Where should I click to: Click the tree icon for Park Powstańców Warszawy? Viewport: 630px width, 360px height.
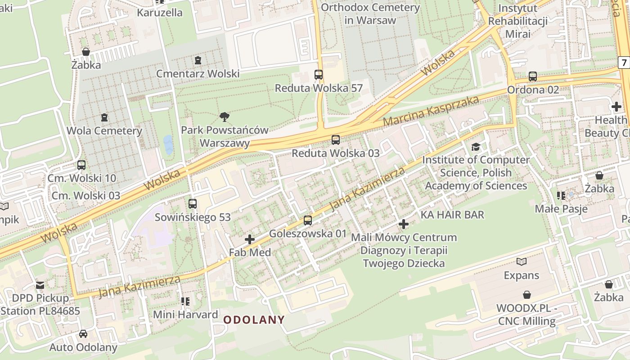(x=224, y=117)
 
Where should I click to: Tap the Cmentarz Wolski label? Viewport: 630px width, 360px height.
(x=198, y=73)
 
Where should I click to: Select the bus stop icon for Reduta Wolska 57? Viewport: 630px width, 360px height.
(x=319, y=75)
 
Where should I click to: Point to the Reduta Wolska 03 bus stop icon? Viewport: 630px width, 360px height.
(x=336, y=140)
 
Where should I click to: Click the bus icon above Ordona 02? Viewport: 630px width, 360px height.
(x=533, y=76)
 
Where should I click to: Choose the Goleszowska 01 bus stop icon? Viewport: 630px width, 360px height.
(x=308, y=220)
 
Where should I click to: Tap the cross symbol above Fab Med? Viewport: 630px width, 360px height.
(x=250, y=239)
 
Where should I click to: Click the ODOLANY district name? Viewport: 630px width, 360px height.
(x=254, y=320)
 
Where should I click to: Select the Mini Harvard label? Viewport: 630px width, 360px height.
(x=185, y=314)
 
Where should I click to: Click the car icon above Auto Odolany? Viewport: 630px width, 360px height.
(x=83, y=334)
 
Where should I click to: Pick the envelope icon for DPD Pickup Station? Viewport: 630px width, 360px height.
(x=40, y=285)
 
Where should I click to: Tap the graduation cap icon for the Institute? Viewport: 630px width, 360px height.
(x=476, y=147)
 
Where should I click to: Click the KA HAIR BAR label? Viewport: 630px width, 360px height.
(x=452, y=215)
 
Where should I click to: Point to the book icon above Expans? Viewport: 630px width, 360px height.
(x=522, y=262)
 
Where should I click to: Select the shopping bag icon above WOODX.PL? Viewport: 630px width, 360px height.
(x=526, y=295)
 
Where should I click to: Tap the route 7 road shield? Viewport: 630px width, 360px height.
(x=624, y=63)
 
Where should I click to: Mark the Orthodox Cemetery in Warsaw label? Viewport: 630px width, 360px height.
(x=370, y=14)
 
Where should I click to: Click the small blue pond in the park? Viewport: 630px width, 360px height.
(x=168, y=144)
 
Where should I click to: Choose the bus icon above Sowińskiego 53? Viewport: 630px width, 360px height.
(x=193, y=204)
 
